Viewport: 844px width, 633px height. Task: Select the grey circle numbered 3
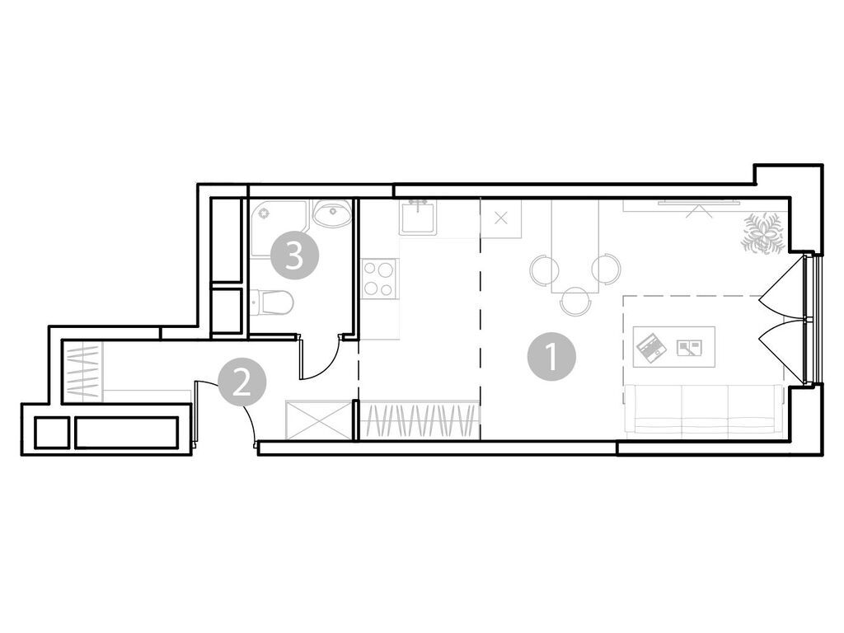click(x=295, y=256)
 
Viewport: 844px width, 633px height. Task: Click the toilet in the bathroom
click(x=272, y=303)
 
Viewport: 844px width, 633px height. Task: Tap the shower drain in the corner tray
click(x=265, y=213)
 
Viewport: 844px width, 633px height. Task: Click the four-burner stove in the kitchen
click(x=379, y=277)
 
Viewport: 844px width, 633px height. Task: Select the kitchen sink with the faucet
click(x=419, y=218)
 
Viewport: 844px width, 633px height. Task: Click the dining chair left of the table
click(x=542, y=269)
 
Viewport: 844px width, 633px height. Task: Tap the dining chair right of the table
click(x=606, y=269)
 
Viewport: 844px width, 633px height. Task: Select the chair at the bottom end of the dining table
click(x=574, y=302)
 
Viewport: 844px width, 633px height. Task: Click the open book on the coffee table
click(x=688, y=347)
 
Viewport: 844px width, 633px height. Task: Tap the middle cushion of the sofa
click(x=704, y=409)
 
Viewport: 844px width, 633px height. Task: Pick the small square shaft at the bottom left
click(x=51, y=432)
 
